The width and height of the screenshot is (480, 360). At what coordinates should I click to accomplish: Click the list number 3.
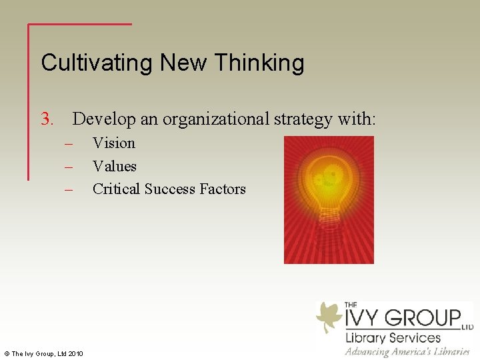pyautogui.click(x=47, y=119)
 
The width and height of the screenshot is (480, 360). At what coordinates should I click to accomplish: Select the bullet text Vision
pyautogui.click(x=114, y=143)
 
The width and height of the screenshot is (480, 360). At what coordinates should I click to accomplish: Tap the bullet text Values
pyautogui.click(x=115, y=166)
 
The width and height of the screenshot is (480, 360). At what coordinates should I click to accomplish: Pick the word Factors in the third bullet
pyautogui.click(x=223, y=189)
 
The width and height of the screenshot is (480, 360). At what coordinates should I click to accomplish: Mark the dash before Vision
pyautogui.click(x=68, y=143)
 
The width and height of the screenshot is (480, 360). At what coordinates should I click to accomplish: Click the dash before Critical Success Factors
pyautogui.click(x=68, y=189)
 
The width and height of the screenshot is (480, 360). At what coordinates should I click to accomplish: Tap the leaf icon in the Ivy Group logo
pyautogui.click(x=329, y=315)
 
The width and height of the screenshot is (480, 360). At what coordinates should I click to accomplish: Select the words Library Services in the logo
pyautogui.click(x=393, y=337)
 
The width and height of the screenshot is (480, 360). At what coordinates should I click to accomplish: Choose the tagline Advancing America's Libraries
pyautogui.click(x=407, y=351)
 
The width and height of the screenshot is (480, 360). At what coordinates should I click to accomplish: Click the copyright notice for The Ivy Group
pyautogui.click(x=43, y=353)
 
